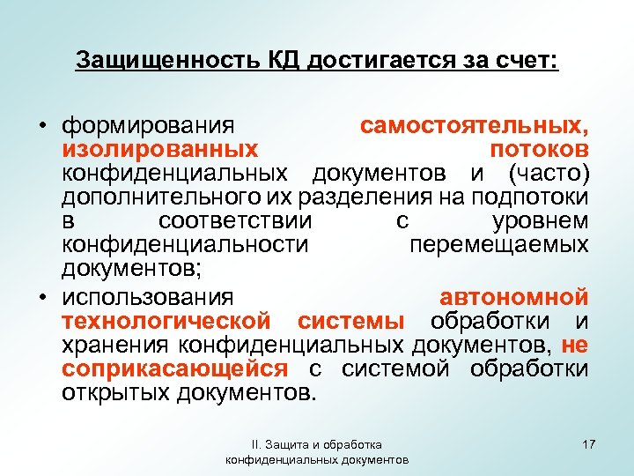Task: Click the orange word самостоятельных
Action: point(475,125)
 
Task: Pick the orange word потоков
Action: point(541,148)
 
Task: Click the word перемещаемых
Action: point(499,240)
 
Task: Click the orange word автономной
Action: point(513,296)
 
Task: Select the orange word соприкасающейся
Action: point(174,368)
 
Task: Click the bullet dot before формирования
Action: point(41,125)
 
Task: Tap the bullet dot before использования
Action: point(41,296)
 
